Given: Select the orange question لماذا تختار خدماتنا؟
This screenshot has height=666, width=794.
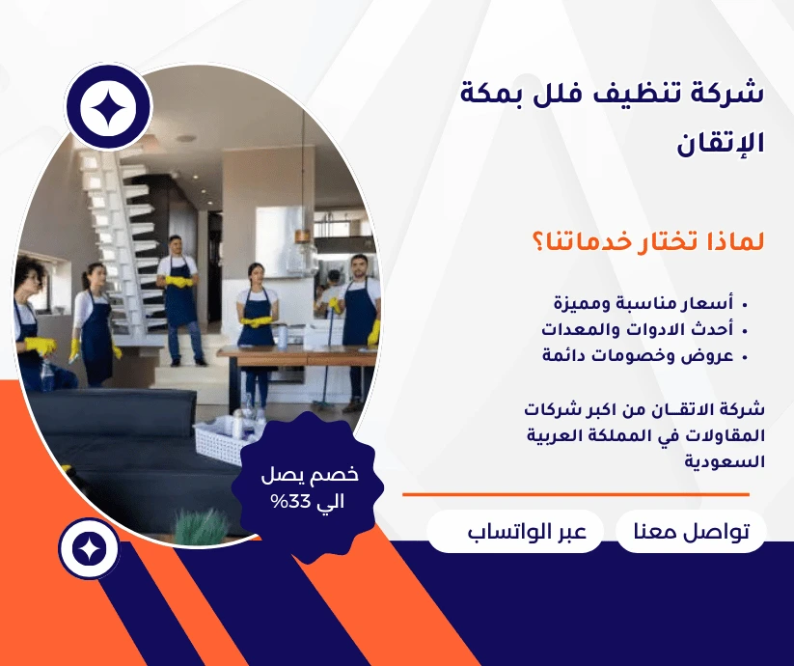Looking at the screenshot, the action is (647, 241).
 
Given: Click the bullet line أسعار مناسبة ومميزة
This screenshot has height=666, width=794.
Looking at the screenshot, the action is (650, 303).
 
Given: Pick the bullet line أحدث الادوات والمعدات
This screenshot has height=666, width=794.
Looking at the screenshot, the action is (644, 329).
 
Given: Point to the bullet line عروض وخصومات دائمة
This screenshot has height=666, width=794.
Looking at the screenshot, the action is (644, 355).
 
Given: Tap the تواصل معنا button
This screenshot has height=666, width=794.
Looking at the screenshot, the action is (691, 532).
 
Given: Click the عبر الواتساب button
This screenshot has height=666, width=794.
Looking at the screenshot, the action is (515, 532).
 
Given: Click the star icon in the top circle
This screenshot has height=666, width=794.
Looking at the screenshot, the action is (108, 107).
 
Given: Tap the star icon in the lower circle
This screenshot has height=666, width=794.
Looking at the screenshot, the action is (89, 549).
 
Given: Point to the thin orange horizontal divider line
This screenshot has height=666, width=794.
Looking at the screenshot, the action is (576, 494).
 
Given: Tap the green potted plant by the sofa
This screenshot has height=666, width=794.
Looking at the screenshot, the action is (201, 527).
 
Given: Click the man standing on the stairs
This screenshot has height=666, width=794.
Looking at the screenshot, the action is (178, 300).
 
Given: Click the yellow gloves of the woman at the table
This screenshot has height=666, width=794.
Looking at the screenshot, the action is (257, 321).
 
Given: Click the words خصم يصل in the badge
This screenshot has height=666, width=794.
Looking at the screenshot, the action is (310, 475).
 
